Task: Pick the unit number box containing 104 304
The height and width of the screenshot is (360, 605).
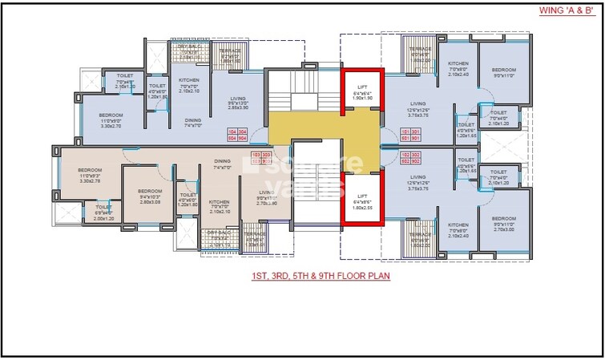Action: coord(238,134)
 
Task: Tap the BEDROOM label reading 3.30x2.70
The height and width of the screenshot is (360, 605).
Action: coord(111,121)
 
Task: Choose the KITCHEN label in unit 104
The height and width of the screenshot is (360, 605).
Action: coord(188,85)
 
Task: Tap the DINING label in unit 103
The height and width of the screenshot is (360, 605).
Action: coord(222,164)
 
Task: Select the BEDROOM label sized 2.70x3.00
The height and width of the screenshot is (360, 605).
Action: coord(503,224)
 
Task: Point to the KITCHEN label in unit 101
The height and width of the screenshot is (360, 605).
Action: coord(458,68)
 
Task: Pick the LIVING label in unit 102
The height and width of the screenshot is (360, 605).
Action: coord(417,184)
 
